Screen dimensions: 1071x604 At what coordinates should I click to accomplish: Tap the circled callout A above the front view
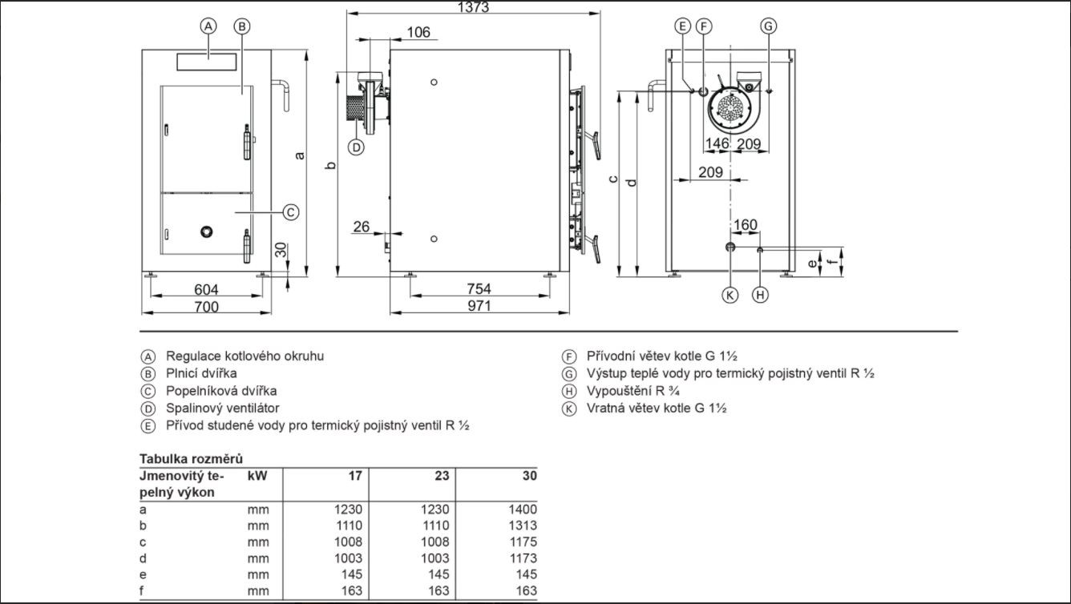(208, 26)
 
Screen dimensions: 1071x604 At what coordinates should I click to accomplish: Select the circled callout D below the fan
(356, 147)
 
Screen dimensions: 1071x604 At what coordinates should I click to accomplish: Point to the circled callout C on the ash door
(291, 211)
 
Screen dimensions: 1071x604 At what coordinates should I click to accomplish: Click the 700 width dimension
(206, 307)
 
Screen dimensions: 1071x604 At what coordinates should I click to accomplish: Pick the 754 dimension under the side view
(479, 288)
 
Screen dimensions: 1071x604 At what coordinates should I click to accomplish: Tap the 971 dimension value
(479, 306)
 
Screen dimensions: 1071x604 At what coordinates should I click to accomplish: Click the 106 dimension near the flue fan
(418, 32)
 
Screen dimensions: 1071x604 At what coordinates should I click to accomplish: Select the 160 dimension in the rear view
(746, 224)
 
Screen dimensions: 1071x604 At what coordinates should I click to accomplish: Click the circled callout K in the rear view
(729, 295)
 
